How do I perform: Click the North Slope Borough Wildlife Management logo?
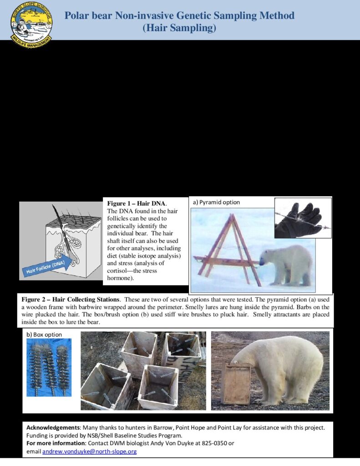pos(31,25)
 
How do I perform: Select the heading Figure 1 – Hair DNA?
pos(136,203)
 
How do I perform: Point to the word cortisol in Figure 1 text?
pos(117,271)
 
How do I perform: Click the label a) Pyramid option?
pos(216,203)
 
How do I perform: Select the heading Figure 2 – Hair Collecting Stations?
pos(71,299)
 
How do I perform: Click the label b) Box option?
pos(44,334)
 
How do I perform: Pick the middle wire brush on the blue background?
pos(49,370)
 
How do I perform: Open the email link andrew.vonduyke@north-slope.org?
pos(90,452)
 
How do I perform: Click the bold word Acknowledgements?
pos(53,428)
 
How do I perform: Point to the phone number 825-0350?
pos(214,443)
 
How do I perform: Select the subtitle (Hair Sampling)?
pos(179,28)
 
